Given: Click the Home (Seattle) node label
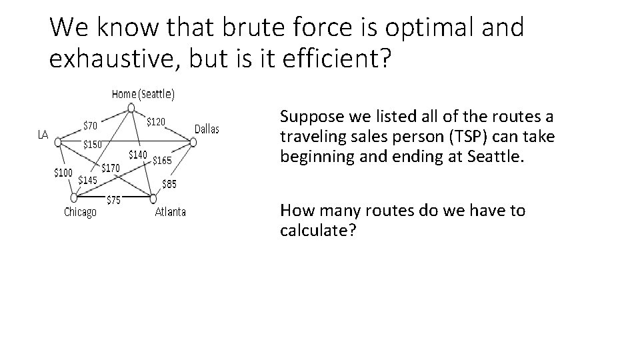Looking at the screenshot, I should [143, 94].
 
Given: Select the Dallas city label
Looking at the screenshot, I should [206, 129].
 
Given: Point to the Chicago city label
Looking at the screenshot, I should [80, 212].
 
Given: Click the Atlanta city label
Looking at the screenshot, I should [171, 212].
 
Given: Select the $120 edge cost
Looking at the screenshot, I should [156, 121].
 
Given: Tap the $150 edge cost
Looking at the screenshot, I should [92, 144].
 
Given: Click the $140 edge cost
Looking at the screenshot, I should [138, 155].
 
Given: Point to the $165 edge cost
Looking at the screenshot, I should [162, 160].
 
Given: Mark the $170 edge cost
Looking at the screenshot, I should [110, 168].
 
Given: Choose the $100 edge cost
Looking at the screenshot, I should [63, 173].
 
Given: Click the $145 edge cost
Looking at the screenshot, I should [88, 179].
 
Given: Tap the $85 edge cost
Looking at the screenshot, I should [170, 184].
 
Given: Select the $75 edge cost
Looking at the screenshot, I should [114, 200].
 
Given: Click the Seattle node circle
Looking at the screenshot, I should [131, 107].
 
